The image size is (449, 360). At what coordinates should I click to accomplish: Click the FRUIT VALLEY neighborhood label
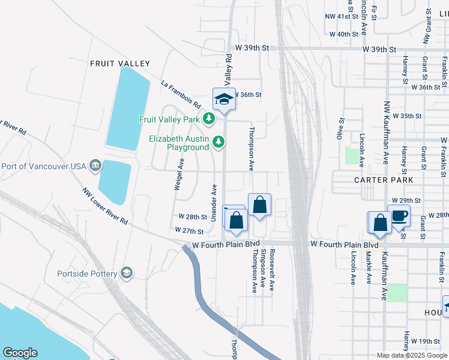tap(119, 63)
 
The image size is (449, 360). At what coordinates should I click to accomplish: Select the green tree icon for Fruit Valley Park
tap(209, 119)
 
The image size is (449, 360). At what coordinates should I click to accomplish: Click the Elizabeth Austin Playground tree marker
tap(220, 142)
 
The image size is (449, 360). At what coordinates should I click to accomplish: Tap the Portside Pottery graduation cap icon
tap(126, 274)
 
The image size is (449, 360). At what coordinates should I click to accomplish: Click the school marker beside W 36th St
tap(224, 99)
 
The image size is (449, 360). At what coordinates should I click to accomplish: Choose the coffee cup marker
tap(399, 216)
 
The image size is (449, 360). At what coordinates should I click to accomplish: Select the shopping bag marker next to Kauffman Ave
tap(380, 223)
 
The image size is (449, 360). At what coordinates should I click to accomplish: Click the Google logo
tap(20, 353)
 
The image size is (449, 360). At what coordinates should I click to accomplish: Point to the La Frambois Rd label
tap(180, 95)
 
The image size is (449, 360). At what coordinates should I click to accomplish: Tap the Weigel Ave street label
tap(178, 174)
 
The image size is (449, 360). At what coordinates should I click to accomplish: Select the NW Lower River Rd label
tap(106, 206)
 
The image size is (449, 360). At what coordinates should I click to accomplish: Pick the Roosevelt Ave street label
tap(272, 271)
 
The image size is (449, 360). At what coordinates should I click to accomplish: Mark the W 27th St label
tap(190, 230)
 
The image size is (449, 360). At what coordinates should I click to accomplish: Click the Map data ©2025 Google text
tap(412, 355)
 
